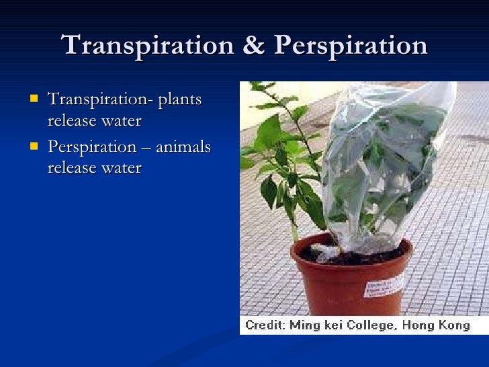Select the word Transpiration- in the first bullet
(100, 100)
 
